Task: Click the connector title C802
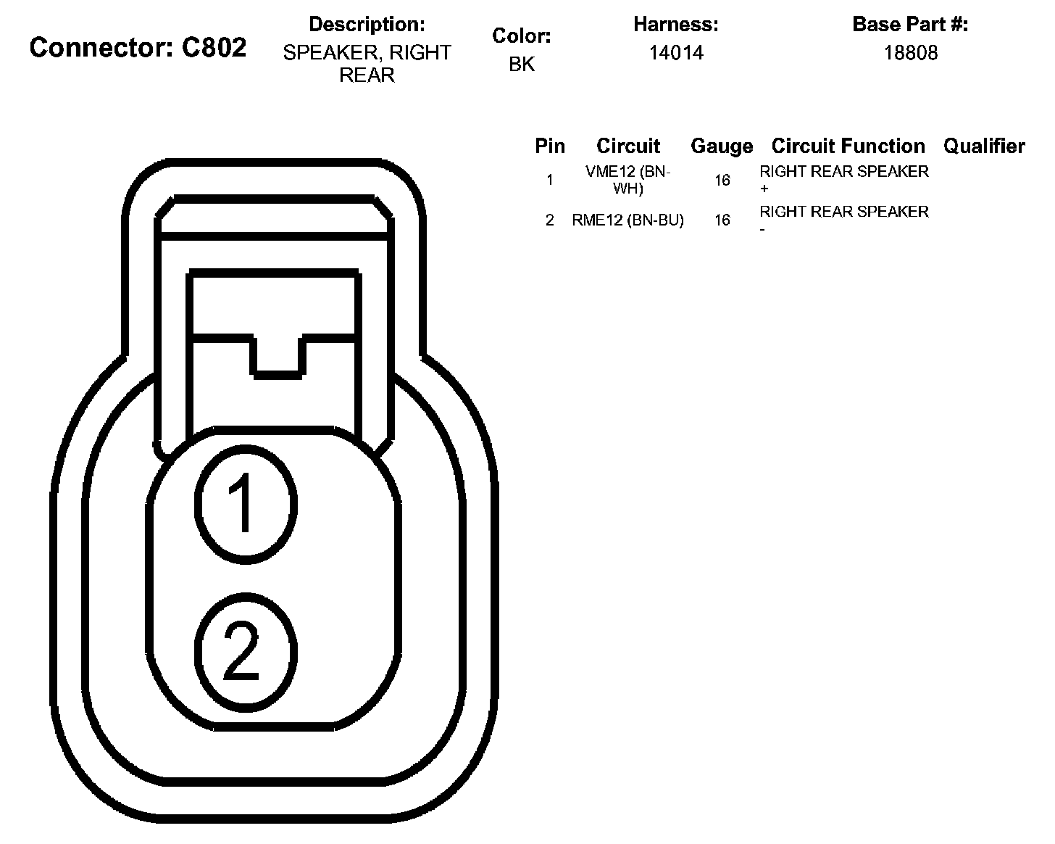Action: pos(138,48)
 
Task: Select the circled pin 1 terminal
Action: pos(246,504)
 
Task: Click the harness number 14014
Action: pos(675,53)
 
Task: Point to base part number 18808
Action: pos(910,53)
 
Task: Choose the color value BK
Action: pos(522,65)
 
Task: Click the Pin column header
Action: pos(549,146)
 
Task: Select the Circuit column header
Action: pos(628,146)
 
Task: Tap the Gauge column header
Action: pos(722,146)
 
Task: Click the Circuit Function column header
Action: pos(848,146)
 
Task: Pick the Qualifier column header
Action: pos(984,146)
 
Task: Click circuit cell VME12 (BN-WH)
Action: pos(628,180)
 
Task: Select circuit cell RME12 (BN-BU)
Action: pos(628,220)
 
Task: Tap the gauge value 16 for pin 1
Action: pos(722,180)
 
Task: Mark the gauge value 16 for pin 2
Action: pos(722,220)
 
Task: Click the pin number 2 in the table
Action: pos(549,220)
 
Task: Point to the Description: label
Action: pos(367,25)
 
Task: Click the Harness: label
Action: pos(675,25)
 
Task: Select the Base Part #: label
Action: pos(910,25)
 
